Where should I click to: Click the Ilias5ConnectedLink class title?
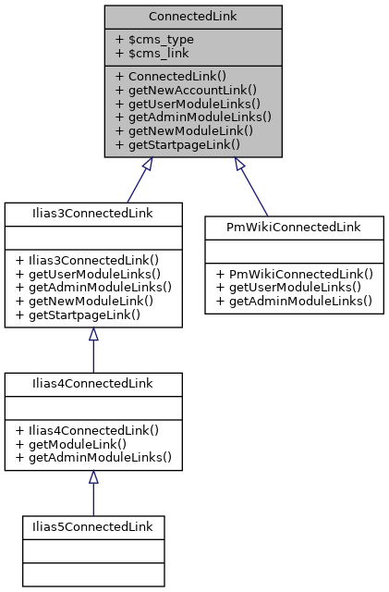point(92,527)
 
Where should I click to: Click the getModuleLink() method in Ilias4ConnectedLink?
point(76,443)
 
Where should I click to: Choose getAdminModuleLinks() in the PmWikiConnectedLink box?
point(292,301)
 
